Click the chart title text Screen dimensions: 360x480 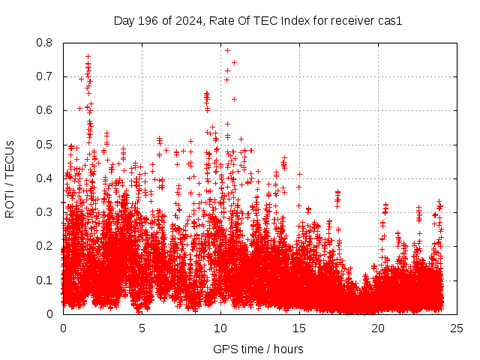click(258, 21)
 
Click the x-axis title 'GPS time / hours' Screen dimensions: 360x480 click(258, 349)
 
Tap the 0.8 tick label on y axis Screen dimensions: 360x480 click(46, 43)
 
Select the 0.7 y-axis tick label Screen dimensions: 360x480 click(46, 76)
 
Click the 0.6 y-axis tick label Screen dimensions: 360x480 click(46, 110)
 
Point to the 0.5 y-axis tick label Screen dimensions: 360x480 click(46, 145)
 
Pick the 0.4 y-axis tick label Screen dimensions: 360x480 click(46, 178)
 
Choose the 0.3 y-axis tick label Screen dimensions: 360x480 click(46, 212)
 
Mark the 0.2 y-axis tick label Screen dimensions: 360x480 click(46, 246)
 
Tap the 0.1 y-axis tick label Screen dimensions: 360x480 click(46, 280)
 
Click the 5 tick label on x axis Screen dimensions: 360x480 click(142, 328)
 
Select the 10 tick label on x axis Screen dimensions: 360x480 click(220, 328)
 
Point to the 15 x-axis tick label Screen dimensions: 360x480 click(299, 328)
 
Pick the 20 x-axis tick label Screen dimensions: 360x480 click(378, 328)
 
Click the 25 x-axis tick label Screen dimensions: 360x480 click(457, 328)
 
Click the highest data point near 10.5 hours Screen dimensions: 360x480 click(227, 50)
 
